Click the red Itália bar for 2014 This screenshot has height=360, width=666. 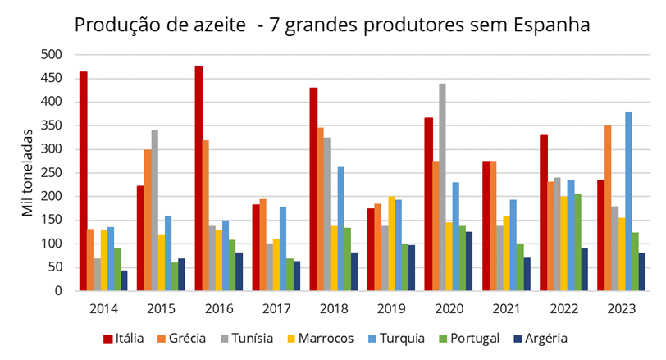pyautogui.click(x=84, y=181)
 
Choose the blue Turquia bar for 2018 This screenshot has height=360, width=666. pyautogui.click(x=340, y=229)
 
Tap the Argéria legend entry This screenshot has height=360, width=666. pyautogui.click(x=541, y=338)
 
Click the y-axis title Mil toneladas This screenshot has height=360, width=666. pyautogui.click(x=31, y=173)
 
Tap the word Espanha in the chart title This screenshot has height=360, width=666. pyautogui.click(x=549, y=25)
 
